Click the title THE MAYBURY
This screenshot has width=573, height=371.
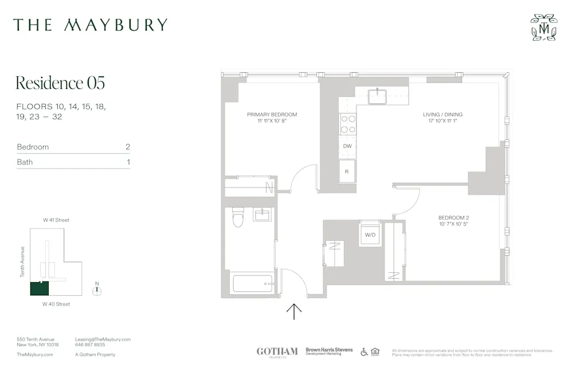[x=91, y=25]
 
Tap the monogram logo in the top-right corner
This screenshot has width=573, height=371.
[x=543, y=28]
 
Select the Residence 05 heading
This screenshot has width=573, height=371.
[x=60, y=83]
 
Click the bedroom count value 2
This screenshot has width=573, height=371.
[x=128, y=147]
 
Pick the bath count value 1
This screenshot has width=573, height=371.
[x=128, y=162]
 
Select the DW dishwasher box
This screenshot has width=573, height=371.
[x=347, y=146]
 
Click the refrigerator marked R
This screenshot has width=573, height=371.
[x=347, y=171]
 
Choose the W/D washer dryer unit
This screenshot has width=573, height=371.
[x=370, y=235]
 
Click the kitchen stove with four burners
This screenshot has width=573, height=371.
[x=348, y=124]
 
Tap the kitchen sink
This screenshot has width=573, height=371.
[x=379, y=96]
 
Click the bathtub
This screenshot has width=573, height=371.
[x=252, y=283]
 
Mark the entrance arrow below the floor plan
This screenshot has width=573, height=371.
[x=294, y=311]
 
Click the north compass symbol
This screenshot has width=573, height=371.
[x=97, y=290]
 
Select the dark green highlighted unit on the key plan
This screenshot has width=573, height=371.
[x=40, y=288]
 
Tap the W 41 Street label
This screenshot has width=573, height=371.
[x=56, y=220]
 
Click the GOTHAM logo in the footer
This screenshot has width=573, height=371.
[x=277, y=352]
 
